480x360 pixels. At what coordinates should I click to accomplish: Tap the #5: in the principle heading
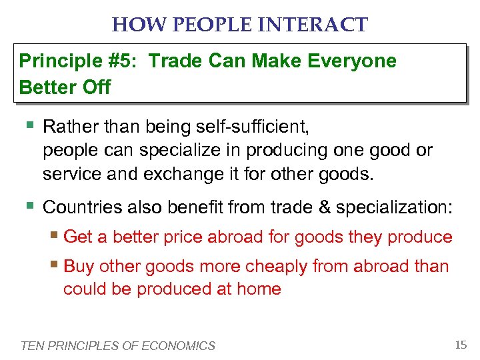pyautogui.click(x=122, y=61)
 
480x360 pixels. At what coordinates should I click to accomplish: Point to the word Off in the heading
pyautogui.click(x=97, y=87)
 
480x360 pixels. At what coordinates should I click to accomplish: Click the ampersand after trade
pyautogui.click(x=324, y=207)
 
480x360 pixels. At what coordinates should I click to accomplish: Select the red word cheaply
pyautogui.click(x=281, y=267)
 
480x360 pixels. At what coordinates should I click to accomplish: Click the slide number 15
pyautogui.click(x=460, y=345)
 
